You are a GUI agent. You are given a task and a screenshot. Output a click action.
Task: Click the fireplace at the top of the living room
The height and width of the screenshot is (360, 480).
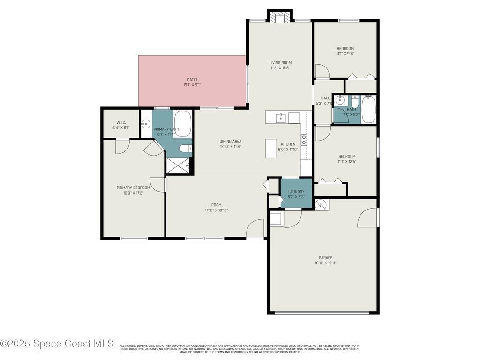click(280, 16)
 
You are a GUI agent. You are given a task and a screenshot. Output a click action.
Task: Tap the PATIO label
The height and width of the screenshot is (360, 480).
click(192, 80)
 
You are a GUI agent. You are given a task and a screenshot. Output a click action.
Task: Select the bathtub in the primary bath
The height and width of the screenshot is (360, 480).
click(182, 123)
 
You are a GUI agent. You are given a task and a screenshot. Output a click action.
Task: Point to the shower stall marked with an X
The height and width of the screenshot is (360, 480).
click(178, 165)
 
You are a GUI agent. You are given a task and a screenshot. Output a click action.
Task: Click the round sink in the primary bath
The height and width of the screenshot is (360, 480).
click(146, 124)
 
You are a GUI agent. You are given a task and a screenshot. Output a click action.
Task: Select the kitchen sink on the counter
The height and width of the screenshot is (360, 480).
click(280, 117)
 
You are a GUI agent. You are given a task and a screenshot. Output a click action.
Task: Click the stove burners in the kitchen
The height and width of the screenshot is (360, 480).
click(304, 140)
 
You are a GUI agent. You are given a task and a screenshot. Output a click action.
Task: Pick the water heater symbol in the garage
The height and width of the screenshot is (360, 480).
click(321, 205)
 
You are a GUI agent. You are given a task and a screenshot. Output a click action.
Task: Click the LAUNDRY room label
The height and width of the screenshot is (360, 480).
click(296, 192)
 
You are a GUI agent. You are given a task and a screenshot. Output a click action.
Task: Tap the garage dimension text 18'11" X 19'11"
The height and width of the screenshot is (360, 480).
click(325, 263)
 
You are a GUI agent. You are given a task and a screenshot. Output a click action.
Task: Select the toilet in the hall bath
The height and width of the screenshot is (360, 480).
click(355, 102)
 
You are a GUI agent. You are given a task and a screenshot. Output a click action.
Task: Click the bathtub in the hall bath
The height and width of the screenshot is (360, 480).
click(369, 109)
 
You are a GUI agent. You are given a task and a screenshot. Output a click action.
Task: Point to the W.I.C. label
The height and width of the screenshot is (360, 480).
click(121, 122)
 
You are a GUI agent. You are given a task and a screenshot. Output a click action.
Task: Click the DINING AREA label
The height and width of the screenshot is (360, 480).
click(230, 141)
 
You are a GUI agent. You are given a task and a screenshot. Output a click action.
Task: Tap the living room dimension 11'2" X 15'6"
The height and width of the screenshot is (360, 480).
click(280, 68)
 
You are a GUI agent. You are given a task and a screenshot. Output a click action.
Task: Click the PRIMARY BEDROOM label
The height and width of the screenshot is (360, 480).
click(133, 187)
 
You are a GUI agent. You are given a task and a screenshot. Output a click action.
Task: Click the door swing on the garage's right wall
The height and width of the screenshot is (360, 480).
click(367, 217)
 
